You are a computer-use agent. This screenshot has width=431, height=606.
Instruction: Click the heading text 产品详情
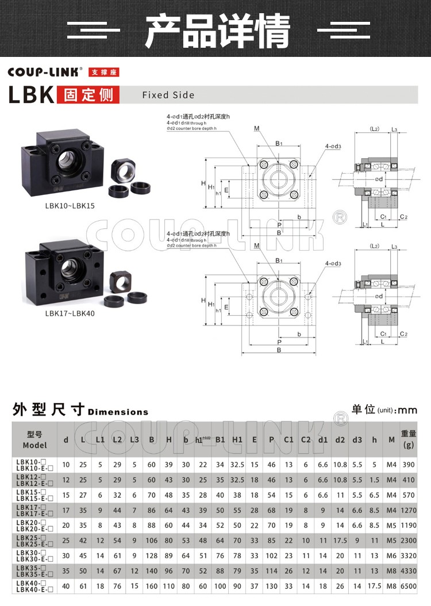click(217, 30)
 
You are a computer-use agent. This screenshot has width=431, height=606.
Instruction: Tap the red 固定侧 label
click(88, 95)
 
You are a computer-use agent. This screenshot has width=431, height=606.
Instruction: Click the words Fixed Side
click(168, 95)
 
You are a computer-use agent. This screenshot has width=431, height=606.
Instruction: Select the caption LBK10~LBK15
click(70, 205)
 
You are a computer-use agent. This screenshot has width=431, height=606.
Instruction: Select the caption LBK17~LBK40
click(70, 313)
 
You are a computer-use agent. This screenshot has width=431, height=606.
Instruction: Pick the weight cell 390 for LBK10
click(409, 464)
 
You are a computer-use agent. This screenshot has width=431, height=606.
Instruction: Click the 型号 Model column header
click(34, 440)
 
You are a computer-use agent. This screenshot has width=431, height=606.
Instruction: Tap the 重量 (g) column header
click(409, 440)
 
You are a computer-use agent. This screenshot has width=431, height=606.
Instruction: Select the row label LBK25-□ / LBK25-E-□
click(34, 540)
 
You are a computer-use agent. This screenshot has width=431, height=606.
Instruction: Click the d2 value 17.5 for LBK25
click(340, 540)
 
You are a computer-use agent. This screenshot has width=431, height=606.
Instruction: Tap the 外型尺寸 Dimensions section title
click(80, 411)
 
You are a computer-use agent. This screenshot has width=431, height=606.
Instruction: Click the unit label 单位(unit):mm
click(384, 409)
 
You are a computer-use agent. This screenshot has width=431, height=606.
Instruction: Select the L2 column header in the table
click(117, 440)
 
